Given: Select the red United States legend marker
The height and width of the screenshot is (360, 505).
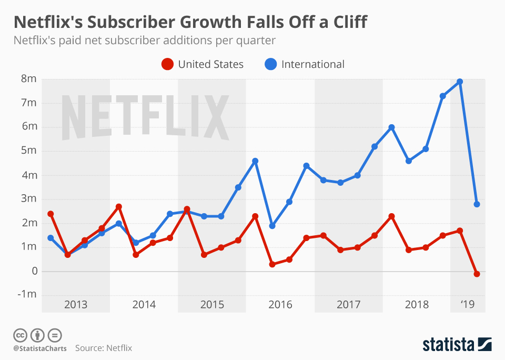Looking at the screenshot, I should click(x=167, y=64).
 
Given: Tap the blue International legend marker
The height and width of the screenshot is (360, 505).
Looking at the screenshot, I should click(x=270, y=64).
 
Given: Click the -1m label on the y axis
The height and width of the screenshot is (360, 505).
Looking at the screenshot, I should click(x=27, y=295).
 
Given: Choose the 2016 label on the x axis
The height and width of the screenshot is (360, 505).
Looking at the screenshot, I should click(x=280, y=305).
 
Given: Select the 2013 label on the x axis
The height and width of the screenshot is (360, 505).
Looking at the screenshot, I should click(x=76, y=305).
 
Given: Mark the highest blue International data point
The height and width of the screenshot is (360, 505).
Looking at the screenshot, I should click(x=460, y=82).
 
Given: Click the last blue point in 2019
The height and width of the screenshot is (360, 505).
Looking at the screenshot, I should click(x=477, y=204).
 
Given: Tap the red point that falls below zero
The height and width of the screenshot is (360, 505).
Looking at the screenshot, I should click(x=477, y=274).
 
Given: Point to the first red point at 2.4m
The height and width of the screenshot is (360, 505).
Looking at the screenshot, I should click(x=50, y=214).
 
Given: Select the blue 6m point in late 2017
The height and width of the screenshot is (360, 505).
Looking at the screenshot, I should click(x=391, y=127).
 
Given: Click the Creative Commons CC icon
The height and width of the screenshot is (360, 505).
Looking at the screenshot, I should click(x=20, y=335).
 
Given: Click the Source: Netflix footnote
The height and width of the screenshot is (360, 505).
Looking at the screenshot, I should click(x=103, y=348).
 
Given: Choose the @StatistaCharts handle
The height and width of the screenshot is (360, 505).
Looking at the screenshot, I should click(x=39, y=348).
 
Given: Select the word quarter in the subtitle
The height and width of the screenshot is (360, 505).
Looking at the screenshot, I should click(x=258, y=40).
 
